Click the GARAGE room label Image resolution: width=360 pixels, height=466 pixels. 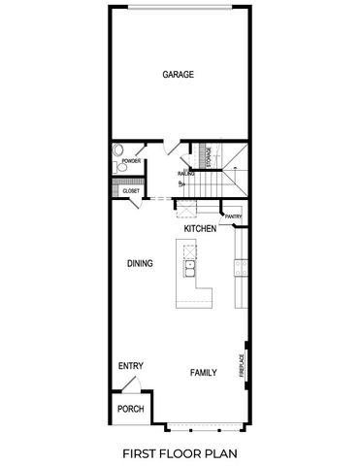tap(179, 75)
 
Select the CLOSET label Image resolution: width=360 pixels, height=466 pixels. tap(131, 191)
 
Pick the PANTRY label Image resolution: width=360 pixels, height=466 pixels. tap(233, 216)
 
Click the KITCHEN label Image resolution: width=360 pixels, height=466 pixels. tap(200, 229)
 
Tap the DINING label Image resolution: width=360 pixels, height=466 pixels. tap(141, 263)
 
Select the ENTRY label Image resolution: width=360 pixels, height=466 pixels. tap(131, 366)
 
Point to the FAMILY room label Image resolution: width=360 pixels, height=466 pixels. tap(203, 373)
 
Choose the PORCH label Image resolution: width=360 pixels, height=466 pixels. tap(130, 409)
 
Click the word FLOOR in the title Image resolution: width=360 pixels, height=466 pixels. tap(184, 452)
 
